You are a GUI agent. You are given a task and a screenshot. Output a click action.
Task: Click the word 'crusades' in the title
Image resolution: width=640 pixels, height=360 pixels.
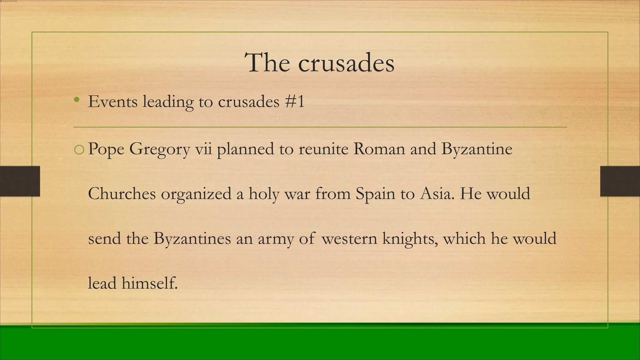346,63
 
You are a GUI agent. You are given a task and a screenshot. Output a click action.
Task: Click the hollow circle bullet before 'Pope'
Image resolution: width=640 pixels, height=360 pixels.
79,150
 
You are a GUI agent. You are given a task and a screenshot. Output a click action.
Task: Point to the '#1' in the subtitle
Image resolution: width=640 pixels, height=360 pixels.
295,102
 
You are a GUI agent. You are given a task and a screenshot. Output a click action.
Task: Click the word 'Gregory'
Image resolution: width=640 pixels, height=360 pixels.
159,149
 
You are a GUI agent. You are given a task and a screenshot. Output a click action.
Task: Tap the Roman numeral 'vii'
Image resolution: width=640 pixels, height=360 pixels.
203,149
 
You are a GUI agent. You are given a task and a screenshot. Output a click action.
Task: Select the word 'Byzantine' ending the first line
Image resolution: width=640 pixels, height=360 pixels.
477,149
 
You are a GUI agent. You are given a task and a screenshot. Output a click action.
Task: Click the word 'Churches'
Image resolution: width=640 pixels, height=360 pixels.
122,194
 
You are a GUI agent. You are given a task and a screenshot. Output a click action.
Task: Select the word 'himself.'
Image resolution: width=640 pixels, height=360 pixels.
149,283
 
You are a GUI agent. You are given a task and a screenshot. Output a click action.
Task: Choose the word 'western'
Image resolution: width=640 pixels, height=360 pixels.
349,239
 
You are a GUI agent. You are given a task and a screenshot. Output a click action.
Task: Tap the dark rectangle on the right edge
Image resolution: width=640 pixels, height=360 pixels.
620,181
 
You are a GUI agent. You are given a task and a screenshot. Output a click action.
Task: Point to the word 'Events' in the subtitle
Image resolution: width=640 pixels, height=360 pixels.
112,102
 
